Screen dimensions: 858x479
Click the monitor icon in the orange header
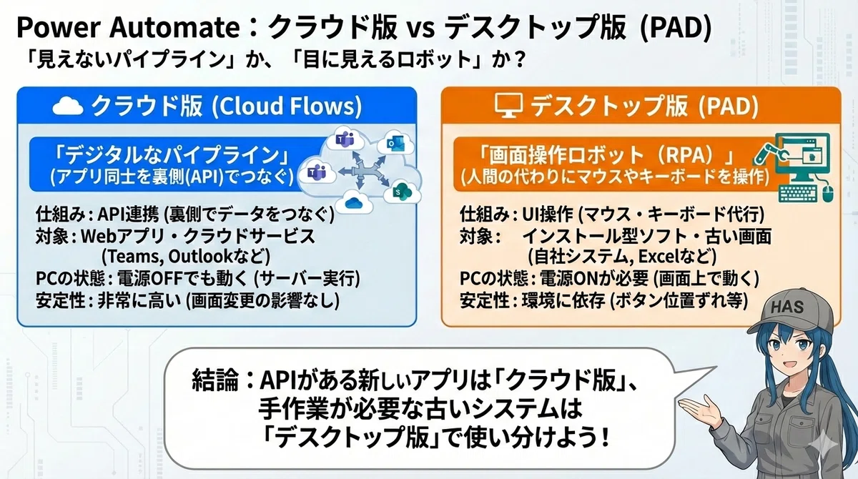pyautogui.click(x=508, y=105)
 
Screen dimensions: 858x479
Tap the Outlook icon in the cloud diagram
pyautogui.click(x=395, y=143)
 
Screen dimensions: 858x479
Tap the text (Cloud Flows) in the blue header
pyautogui.click(x=287, y=106)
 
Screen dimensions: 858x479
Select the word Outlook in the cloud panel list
pyautogui.click(x=200, y=257)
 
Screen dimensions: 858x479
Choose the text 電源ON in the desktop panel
pyautogui.click(x=569, y=279)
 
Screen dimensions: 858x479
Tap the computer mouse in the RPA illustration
pyautogui.click(x=828, y=193)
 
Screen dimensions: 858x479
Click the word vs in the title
pyautogui.click(x=420, y=29)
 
